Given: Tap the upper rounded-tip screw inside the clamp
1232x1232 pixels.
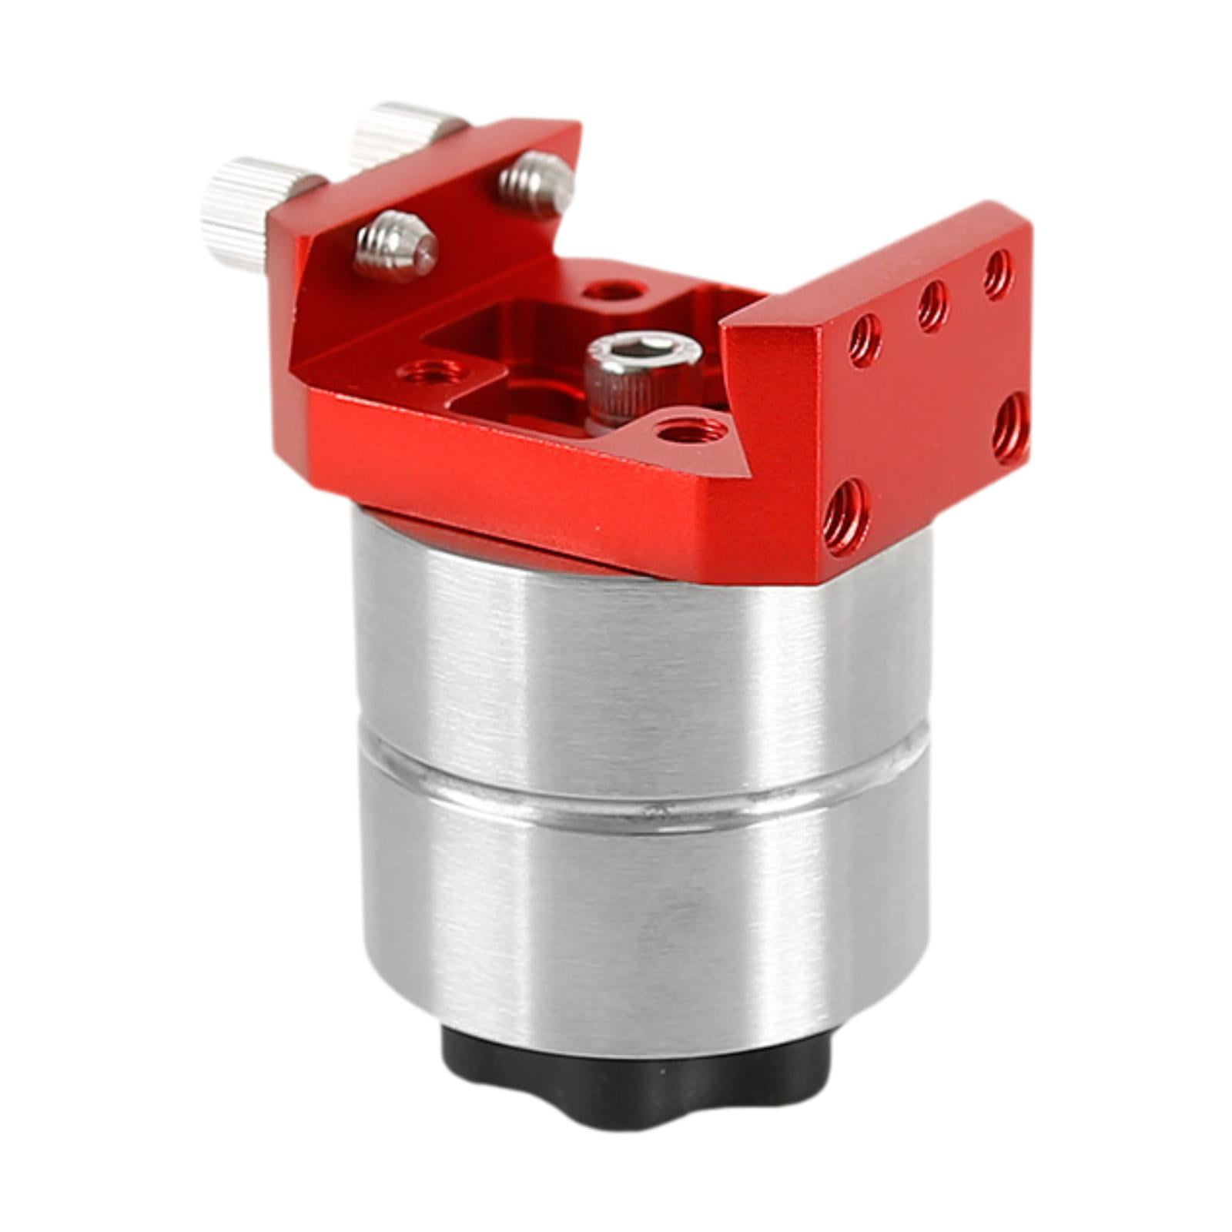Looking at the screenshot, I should [537, 183].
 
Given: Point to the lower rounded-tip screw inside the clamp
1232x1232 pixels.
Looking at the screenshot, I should [396, 245].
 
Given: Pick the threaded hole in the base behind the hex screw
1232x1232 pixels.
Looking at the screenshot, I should [613, 291].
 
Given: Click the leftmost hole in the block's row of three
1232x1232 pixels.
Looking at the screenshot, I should [864, 338].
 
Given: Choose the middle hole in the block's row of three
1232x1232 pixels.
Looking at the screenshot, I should [932, 304].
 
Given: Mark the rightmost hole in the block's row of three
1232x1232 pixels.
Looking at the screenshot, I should [997, 273].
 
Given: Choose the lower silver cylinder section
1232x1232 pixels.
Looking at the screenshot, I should [639, 916].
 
